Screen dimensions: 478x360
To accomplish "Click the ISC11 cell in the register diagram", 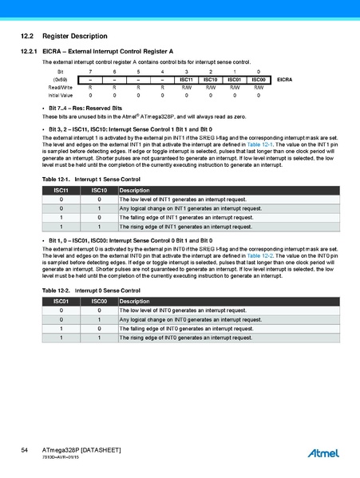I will coord(186,80).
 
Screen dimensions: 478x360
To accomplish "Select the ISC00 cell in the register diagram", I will coord(258,80).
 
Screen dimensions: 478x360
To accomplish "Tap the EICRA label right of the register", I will coord(285,80).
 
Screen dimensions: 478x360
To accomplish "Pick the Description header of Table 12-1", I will coord(133,191).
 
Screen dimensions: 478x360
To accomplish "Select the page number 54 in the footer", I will coord(25,451).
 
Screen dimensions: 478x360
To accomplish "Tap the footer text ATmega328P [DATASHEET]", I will coord(81,451).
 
